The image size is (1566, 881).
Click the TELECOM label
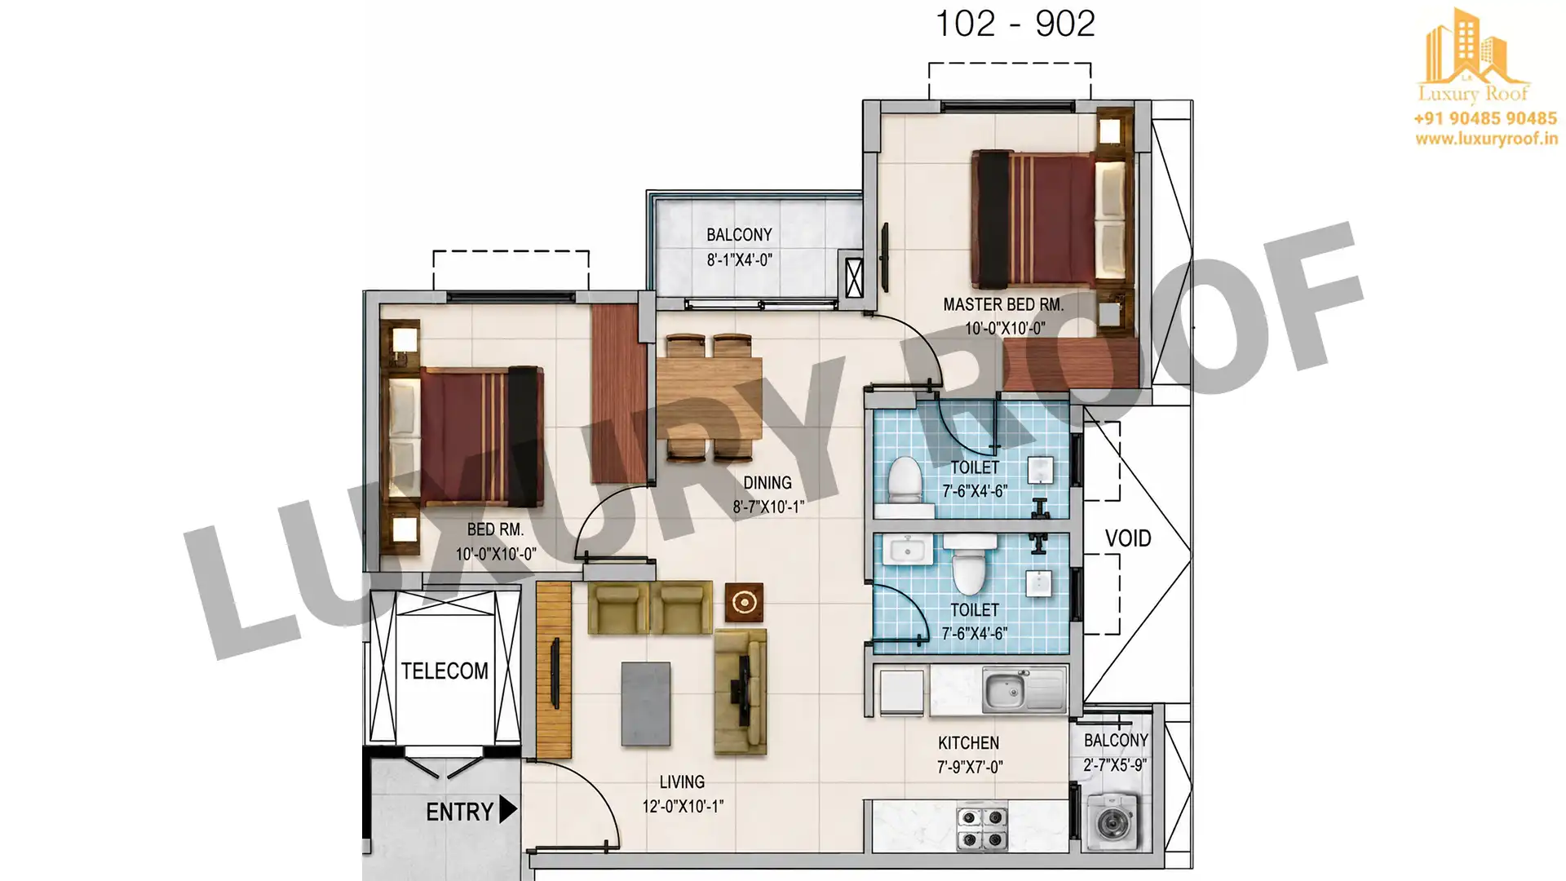445,671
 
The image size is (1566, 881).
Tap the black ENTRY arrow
508,810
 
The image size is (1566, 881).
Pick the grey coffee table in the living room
646,704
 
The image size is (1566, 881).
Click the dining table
710,398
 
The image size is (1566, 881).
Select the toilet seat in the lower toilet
968,564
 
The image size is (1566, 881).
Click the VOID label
1128,538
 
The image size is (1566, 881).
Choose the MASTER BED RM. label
1003,305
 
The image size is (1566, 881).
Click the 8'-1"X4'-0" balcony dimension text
739,260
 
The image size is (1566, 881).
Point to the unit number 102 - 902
1015,24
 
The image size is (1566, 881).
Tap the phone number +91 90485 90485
1485,118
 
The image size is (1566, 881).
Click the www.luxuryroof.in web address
1486,139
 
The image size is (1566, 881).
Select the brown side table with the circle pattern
744,603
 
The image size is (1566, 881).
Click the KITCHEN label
968,743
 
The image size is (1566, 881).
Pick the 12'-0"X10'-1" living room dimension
683,807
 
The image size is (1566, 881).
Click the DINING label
768,483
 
